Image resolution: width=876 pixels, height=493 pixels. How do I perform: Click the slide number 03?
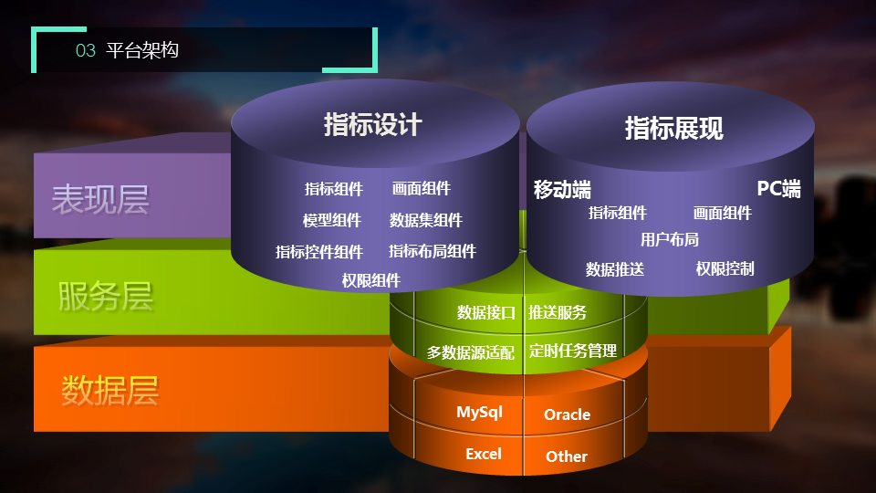tap(86, 50)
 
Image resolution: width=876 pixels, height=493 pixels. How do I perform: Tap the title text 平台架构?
tap(142, 50)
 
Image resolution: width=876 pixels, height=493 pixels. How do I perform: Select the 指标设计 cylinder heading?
tap(372, 124)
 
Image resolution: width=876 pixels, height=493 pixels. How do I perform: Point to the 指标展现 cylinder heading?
tap(673, 128)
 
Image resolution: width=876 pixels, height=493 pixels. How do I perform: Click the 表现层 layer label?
tap(100, 200)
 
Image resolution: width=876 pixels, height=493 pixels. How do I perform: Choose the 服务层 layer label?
tap(106, 296)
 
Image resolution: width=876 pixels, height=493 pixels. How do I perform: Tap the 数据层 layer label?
tap(110, 390)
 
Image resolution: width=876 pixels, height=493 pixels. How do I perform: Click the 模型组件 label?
tap(332, 220)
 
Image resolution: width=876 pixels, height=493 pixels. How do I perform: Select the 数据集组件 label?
tap(426, 220)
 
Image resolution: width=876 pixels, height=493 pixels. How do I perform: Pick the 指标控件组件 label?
tap(319, 252)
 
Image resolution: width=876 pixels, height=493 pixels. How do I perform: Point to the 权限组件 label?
tap(371, 280)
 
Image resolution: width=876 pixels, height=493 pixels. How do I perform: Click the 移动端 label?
tap(562, 190)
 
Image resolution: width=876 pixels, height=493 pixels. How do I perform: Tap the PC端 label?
tap(778, 188)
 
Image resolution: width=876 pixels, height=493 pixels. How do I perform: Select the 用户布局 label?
tap(669, 240)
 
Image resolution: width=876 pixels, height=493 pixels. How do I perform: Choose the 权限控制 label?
tap(725, 268)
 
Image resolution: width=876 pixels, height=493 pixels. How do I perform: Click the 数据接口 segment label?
tap(486, 312)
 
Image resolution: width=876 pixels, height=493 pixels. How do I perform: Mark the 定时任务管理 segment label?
tap(573, 351)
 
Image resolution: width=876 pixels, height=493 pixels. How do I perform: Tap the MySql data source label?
tap(479, 413)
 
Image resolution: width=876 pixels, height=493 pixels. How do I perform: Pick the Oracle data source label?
tap(567, 414)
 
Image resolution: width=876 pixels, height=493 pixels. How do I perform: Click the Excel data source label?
tap(484, 454)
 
